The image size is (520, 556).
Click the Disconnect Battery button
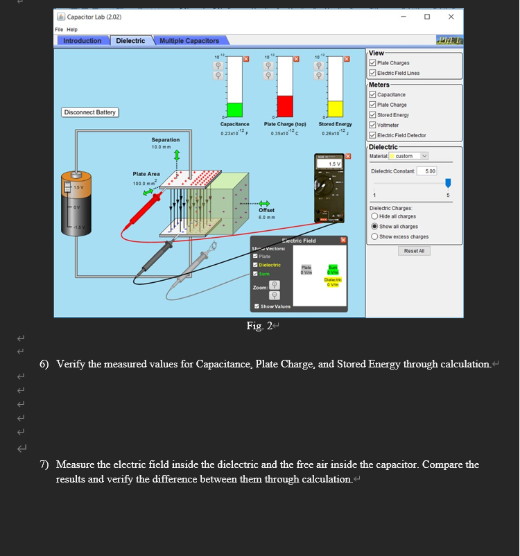tap(90, 112)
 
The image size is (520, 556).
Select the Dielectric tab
tap(130, 41)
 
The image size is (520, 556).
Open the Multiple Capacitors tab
tap(189, 41)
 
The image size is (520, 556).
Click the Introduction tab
tap(82, 41)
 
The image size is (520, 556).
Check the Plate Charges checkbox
tap(372, 63)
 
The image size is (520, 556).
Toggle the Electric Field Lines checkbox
tap(372, 73)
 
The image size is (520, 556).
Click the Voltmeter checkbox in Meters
tap(372, 125)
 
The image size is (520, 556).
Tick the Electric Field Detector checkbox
tap(372, 135)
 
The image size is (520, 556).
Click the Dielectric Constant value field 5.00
tap(431, 171)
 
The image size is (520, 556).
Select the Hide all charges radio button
tap(374, 216)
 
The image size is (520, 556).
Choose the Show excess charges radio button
tap(374, 236)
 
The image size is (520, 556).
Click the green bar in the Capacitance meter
tap(235, 110)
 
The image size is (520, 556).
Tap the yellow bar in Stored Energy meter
tap(335, 109)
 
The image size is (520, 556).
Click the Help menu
tap(72, 29)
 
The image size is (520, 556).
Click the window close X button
tap(451, 17)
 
